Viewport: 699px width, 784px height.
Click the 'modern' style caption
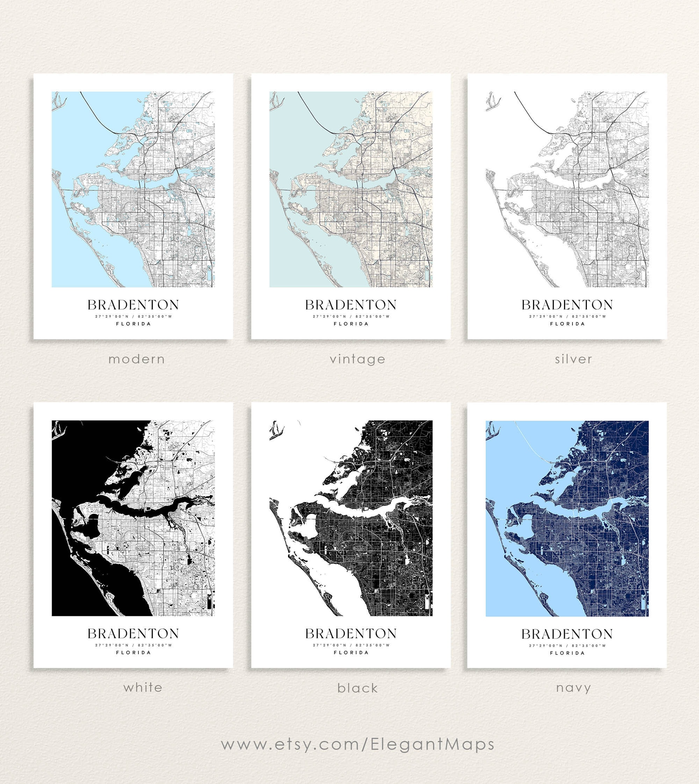pos(137,360)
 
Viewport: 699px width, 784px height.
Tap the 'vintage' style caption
pos(358,360)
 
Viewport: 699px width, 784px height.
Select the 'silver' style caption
pos(574,360)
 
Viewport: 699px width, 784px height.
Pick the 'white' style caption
pos(143,687)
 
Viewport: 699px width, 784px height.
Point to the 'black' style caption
pos(358,688)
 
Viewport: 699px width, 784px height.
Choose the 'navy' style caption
pos(574,688)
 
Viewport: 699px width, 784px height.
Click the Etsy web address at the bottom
pos(358,744)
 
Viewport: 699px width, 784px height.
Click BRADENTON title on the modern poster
pos(133,305)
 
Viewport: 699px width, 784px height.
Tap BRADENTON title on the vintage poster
pos(351,305)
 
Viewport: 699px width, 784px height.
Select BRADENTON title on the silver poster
pos(567,305)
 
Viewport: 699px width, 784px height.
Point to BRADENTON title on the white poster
pos(133,633)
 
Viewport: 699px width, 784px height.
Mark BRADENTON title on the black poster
pos(351,633)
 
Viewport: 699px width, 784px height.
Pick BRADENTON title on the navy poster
pos(567,634)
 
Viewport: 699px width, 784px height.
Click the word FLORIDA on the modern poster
pos(133,324)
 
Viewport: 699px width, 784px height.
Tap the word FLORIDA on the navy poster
pos(567,653)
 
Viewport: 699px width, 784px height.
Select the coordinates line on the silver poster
pos(567,317)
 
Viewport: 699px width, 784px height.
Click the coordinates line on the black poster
pos(351,645)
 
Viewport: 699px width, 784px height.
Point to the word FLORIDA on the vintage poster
pos(351,324)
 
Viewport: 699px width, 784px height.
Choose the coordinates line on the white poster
pos(133,645)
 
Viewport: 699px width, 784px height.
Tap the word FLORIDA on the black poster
pos(351,652)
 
